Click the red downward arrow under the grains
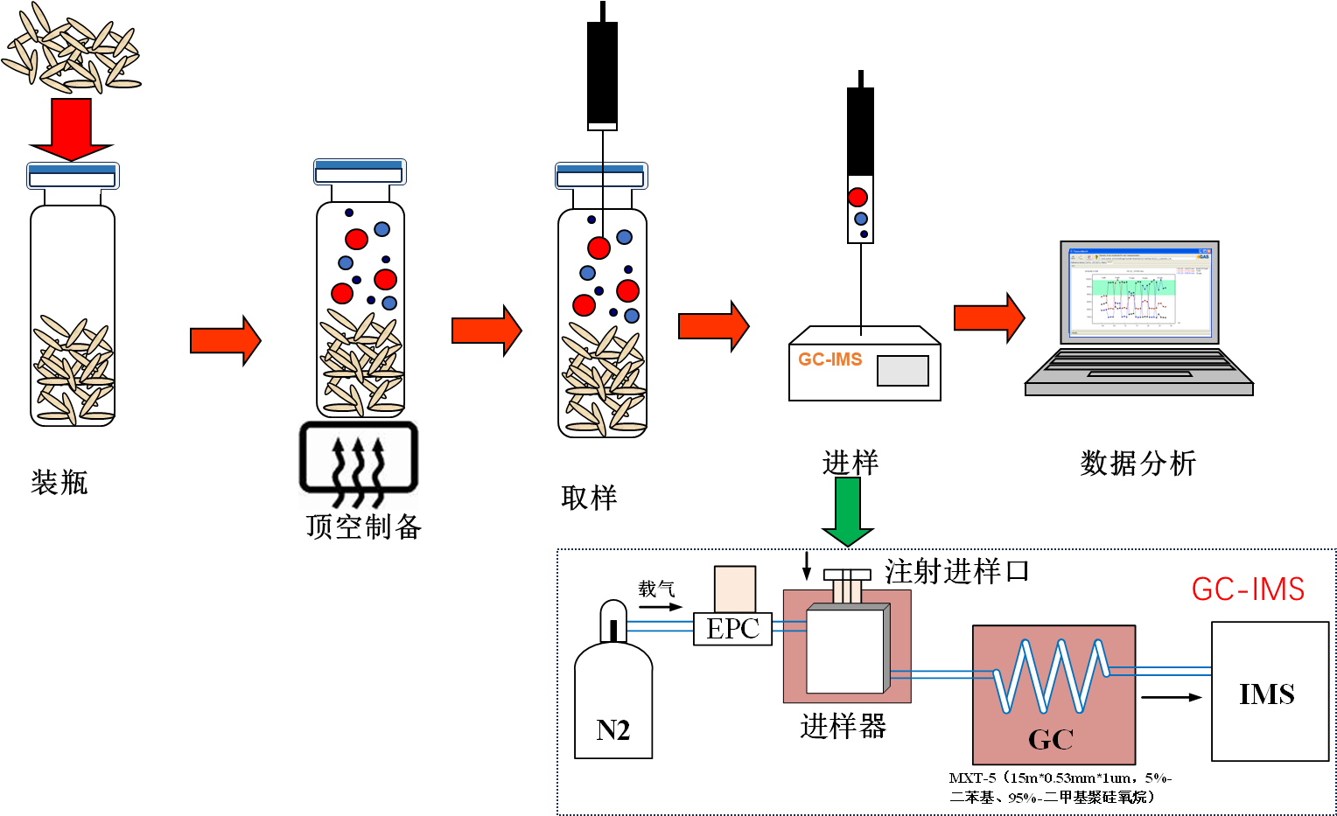tap(72, 128)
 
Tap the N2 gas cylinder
tap(613, 691)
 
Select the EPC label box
tap(732, 628)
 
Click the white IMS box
tap(1270, 691)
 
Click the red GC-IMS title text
tap(1248, 589)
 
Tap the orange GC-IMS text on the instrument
tap(829, 359)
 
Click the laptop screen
tap(1139, 291)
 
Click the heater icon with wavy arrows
tap(359, 464)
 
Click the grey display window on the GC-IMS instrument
tap(903, 371)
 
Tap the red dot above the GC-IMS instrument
tap(857, 198)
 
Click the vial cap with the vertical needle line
tap(602, 176)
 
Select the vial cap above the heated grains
tap(360, 172)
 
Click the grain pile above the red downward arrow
tap(72, 48)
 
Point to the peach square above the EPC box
tap(735, 589)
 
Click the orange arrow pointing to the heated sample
tap(225, 340)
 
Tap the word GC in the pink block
tap(1051, 740)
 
